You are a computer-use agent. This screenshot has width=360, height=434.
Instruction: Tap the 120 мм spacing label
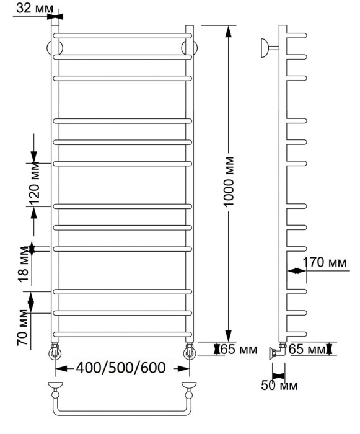[x=34, y=185]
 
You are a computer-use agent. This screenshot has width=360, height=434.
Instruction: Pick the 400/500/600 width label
[x=120, y=368]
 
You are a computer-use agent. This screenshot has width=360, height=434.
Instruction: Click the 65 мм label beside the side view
[x=307, y=350]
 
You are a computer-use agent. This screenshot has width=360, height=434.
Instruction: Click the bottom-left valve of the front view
[x=55, y=352]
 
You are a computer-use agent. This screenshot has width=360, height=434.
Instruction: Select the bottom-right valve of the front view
[x=188, y=352]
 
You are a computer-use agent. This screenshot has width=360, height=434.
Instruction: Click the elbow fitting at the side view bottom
[x=276, y=353]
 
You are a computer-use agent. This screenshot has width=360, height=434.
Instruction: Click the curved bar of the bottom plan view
[x=121, y=414]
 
